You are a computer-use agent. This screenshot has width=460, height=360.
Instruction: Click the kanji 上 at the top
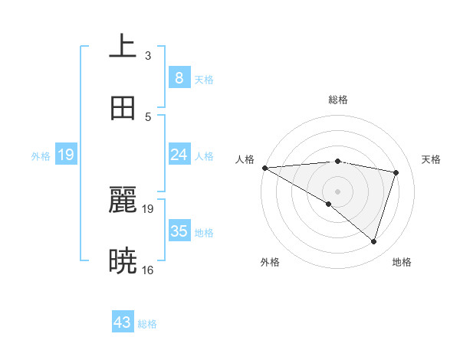coord(123,47)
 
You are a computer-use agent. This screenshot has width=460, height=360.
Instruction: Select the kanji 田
coord(123,108)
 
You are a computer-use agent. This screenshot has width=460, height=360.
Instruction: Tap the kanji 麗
coord(123,200)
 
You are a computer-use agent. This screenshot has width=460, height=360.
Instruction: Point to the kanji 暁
coord(123,261)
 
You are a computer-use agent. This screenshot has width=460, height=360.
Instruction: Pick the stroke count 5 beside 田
coord(148,116)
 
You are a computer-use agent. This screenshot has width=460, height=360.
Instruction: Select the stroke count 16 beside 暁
coord(148,270)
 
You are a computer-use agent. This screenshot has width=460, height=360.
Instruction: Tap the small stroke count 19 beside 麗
coord(148,208)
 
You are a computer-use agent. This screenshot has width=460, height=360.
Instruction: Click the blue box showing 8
coord(179,78)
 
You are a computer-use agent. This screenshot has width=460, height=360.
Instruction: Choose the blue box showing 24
coord(179,155)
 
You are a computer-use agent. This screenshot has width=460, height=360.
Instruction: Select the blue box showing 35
coord(179,231)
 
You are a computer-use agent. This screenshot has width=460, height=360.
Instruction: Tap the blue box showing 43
coord(123,323)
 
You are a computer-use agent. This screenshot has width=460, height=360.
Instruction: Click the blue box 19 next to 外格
coord(66,155)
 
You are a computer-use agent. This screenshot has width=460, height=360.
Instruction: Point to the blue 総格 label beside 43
coord(147,324)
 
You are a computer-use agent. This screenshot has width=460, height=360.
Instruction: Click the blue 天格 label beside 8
coord(204,79)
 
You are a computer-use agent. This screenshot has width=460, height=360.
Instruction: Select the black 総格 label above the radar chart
coord(337,100)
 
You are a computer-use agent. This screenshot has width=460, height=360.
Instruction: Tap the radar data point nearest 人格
coord(264,168)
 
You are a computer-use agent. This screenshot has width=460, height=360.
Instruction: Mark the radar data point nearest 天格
coord(396,172)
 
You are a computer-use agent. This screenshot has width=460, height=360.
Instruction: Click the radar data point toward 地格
coord(373,242)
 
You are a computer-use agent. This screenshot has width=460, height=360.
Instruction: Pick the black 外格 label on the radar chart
coord(270,262)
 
